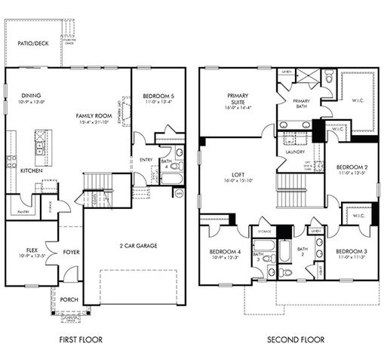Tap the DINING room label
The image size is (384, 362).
(x=31, y=96)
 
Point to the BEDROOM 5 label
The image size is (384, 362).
(x=157, y=96)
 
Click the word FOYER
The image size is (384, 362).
(x=71, y=252)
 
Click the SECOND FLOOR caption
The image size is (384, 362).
(x=296, y=340)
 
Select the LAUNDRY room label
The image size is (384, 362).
(x=295, y=152)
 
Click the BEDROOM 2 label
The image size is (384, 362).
(x=351, y=167)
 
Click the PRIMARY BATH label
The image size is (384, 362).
(x=301, y=103)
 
